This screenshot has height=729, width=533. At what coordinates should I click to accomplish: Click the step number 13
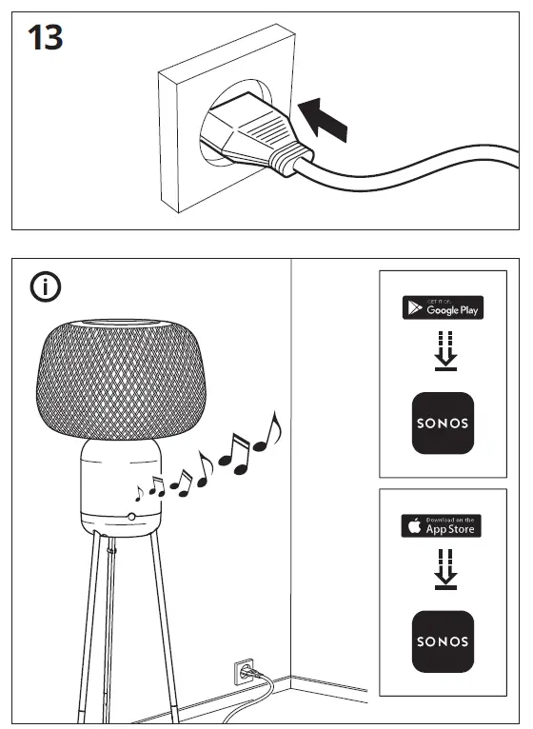(45, 39)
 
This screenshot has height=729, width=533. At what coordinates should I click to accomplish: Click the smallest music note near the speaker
(140, 492)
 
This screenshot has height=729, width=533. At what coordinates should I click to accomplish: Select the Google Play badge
(443, 307)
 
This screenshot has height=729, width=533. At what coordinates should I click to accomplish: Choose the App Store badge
(441, 525)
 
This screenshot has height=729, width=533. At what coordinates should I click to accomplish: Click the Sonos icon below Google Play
(442, 423)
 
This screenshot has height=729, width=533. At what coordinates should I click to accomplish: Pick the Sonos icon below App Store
(442, 640)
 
